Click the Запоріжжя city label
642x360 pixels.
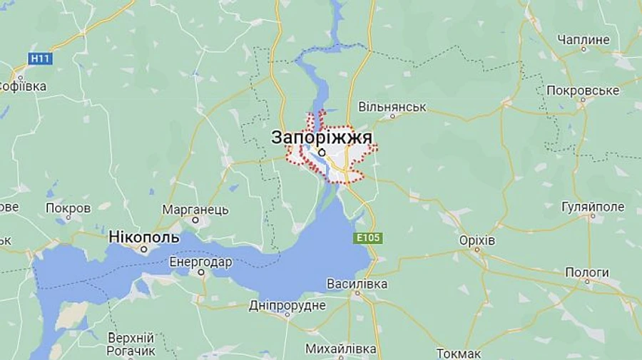tap(322, 138)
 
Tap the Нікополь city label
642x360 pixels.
tap(144, 236)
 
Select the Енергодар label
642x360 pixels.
tap(200, 262)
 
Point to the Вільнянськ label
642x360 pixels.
tap(392, 107)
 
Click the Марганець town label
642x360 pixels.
tap(195, 210)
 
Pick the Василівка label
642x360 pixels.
tap(357, 284)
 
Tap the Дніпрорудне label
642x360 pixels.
tap(287, 305)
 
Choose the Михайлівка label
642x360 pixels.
tap(340, 349)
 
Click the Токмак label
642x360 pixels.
tap(458, 353)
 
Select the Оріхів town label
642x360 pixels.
tap(477, 241)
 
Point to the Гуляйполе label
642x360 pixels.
tap(593, 207)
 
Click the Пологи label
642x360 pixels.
tap(587, 272)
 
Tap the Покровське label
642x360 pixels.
tap(583, 91)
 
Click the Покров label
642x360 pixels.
tap(68, 208)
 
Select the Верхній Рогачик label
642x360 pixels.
tap(131, 344)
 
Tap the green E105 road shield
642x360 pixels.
tap(367, 237)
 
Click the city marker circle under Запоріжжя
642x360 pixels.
tap(322, 152)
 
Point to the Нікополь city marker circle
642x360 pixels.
tap(144, 250)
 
